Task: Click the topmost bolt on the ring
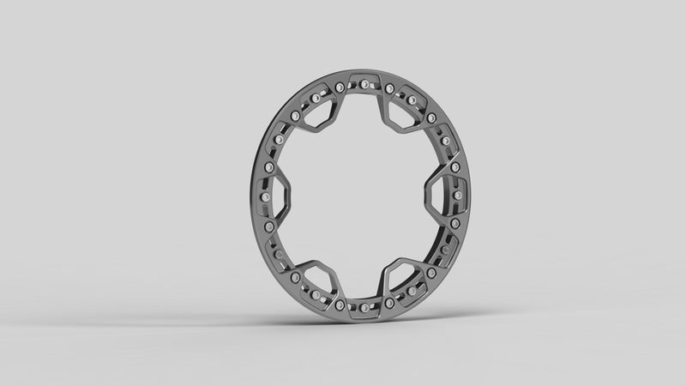pos(365,83)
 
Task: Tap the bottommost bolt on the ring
pos(365,305)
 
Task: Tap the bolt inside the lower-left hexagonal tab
pos(297,277)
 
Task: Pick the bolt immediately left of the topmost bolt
pos(340,87)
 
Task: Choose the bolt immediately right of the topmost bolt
pos(390,88)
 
